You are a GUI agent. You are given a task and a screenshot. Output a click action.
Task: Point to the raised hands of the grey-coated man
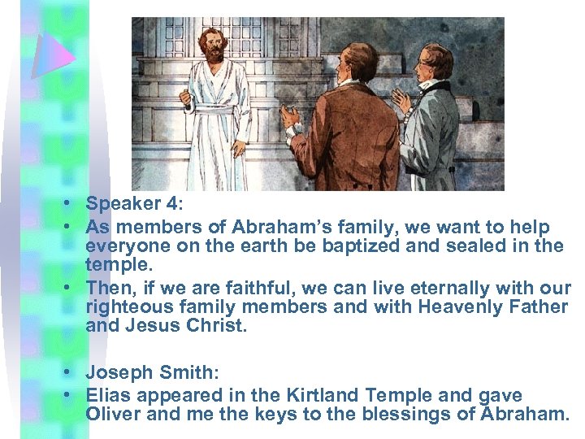(402, 101)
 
